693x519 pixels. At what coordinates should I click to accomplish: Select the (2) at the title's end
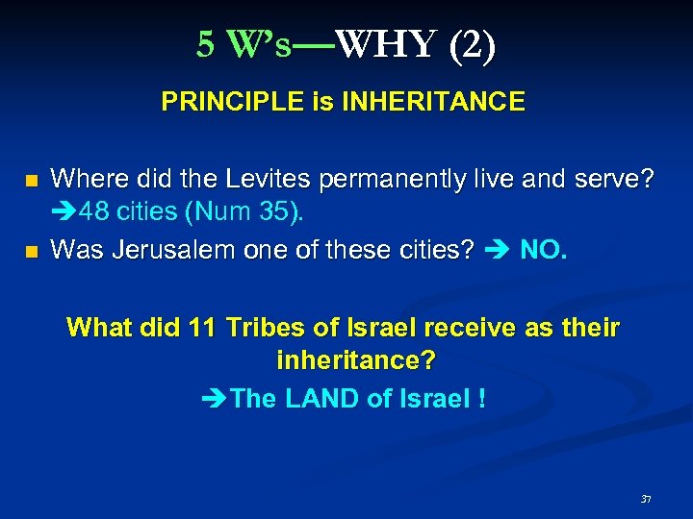tap(472, 44)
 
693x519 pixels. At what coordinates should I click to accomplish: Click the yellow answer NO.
tap(544, 250)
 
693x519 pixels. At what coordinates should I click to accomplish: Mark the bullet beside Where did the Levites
tap(33, 180)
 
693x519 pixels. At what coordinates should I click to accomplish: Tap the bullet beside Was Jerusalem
tap(33, 252)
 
